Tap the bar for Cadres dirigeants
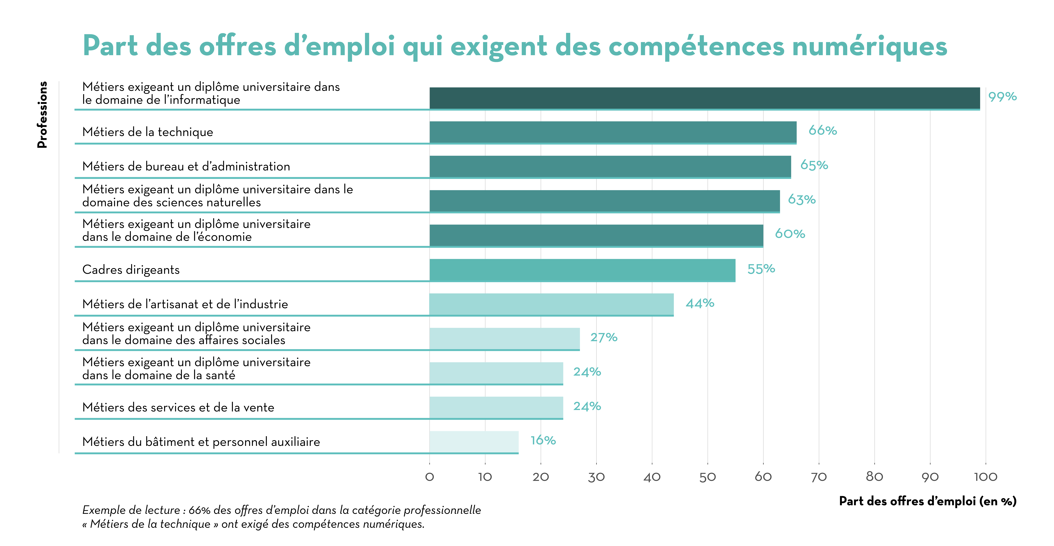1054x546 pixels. coord(582,270)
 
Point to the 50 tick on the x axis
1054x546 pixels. coord(707,477)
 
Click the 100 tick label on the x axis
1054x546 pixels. coord(985,477)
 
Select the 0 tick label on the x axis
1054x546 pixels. coord(429,477)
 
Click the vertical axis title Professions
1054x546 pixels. coord(42,115)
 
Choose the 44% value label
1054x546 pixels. coord(700,303)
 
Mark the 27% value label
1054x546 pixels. coord(604,337)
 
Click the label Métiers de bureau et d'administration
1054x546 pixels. coord(186,167)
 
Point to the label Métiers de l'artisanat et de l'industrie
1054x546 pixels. coord(185,304)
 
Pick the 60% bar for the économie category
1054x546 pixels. coord(596,235)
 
